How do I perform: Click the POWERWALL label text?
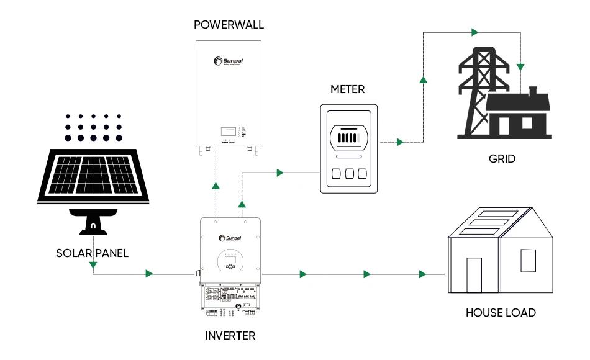tap(229, 25)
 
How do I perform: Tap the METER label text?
tap(347, 89)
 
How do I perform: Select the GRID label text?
tap(502, 159)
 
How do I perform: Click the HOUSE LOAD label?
tap(501, 313)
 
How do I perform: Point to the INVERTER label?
tap(230, 336)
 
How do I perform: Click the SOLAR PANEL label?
tap(92, 253)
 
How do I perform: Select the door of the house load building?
tap(474, 275)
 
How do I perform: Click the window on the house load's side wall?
tap(528, 261)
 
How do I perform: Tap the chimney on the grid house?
tap(532, 92)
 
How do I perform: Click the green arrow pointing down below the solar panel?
tap(93, 266)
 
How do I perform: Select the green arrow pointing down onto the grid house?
tap(522, 66)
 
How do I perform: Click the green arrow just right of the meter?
tap(399, 142)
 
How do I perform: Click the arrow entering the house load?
tap(423, 274)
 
